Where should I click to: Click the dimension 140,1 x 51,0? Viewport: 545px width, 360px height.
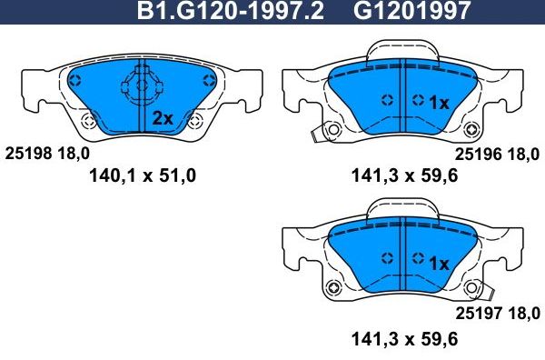(141, 175)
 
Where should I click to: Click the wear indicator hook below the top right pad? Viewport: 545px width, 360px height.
(318, 134)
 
